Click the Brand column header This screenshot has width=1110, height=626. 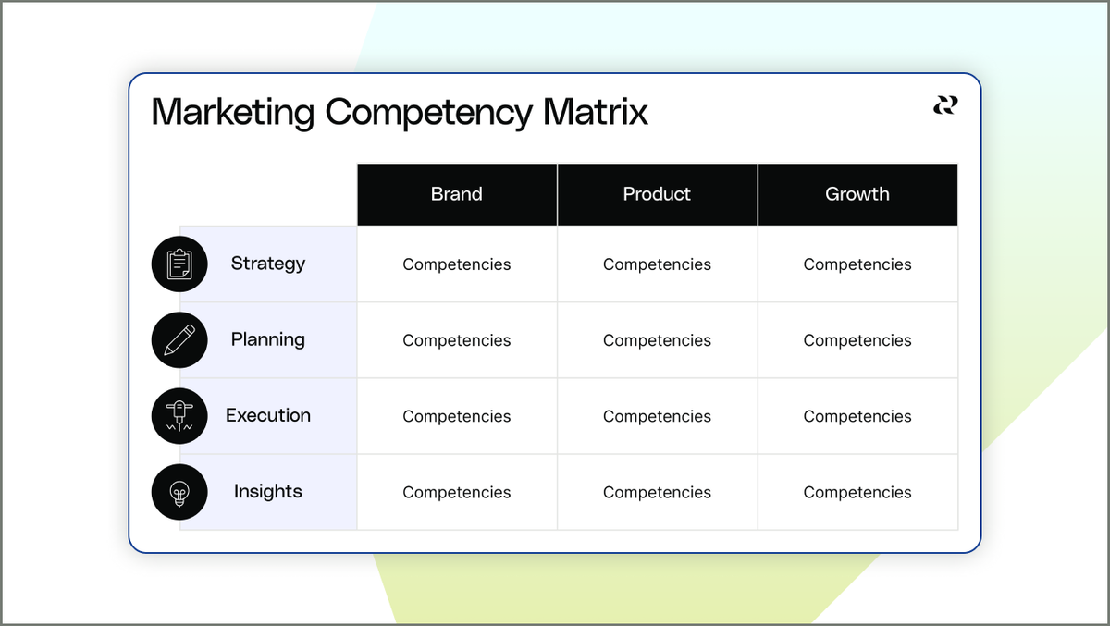pos(457,194)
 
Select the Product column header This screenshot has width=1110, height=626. pos(657,194)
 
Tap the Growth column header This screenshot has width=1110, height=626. pos(857,194)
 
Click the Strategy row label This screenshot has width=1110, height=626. pos(268,264)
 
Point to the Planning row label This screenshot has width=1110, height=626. pos(268,339)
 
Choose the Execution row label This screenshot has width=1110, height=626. pos(268,415)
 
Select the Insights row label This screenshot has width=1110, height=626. pos(268,491)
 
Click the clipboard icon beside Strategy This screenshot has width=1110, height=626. pos(179,264)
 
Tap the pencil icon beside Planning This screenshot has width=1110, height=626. pos(179,340)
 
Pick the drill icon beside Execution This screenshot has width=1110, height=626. pos(179,416)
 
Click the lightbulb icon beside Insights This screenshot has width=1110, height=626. pos(179,492)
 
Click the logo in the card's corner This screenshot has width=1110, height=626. pos(945,105)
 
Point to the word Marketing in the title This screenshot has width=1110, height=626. pos(233,113)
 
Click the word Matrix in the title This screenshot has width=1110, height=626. pos(595,113)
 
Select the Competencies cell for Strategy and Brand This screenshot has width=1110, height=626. pos(457,264)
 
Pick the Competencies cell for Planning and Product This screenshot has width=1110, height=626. pos(657,340)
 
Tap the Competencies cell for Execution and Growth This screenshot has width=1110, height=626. pos(857,416)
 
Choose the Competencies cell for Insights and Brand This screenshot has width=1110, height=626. pos(457,492)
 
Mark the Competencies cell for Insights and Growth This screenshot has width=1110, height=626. pos(857,492)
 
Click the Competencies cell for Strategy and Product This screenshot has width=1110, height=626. pos(657,264)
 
